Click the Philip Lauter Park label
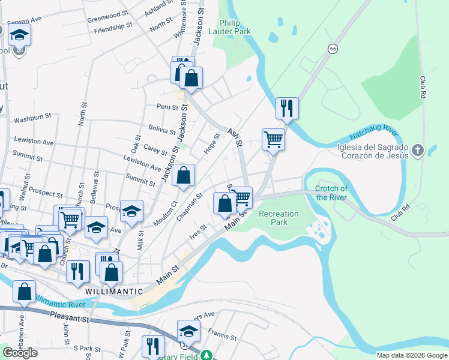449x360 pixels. coord(229,27)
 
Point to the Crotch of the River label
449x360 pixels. coord(331,193)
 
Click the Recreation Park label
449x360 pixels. coord(278,218)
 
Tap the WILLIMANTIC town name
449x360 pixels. coord(114,291)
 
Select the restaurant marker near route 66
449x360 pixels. coord(287,109)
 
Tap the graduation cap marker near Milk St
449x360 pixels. coord(131,211)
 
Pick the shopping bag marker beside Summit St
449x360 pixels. coord(184,176)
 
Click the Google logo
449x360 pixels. coord(20,353)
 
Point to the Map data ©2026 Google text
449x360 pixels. coord(412,355)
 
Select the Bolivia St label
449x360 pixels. coord(162,128)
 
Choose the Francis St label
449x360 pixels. coord(220,331)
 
